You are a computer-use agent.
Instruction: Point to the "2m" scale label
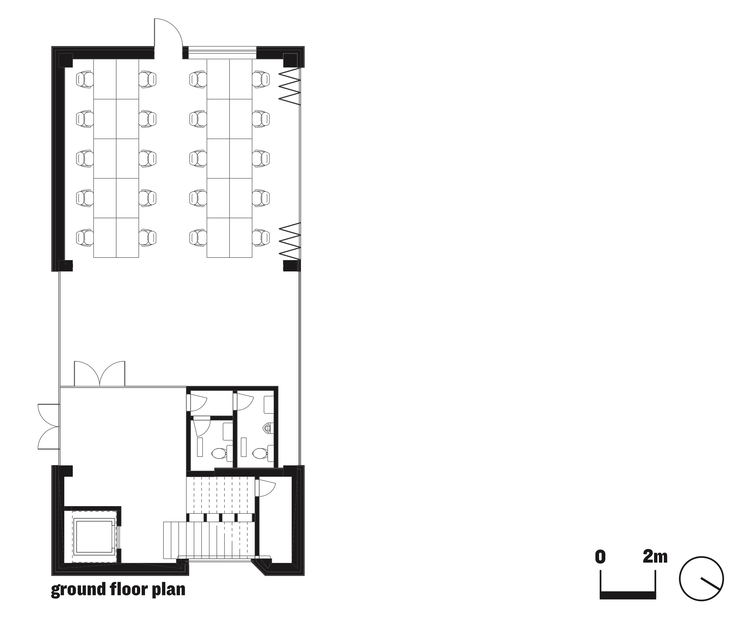point(655,557)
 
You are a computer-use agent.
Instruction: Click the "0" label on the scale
point(600,557)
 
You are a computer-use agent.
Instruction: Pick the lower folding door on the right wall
point(289,241)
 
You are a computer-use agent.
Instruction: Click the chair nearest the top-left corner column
point(85,79)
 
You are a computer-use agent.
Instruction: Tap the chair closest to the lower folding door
point(261,238)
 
